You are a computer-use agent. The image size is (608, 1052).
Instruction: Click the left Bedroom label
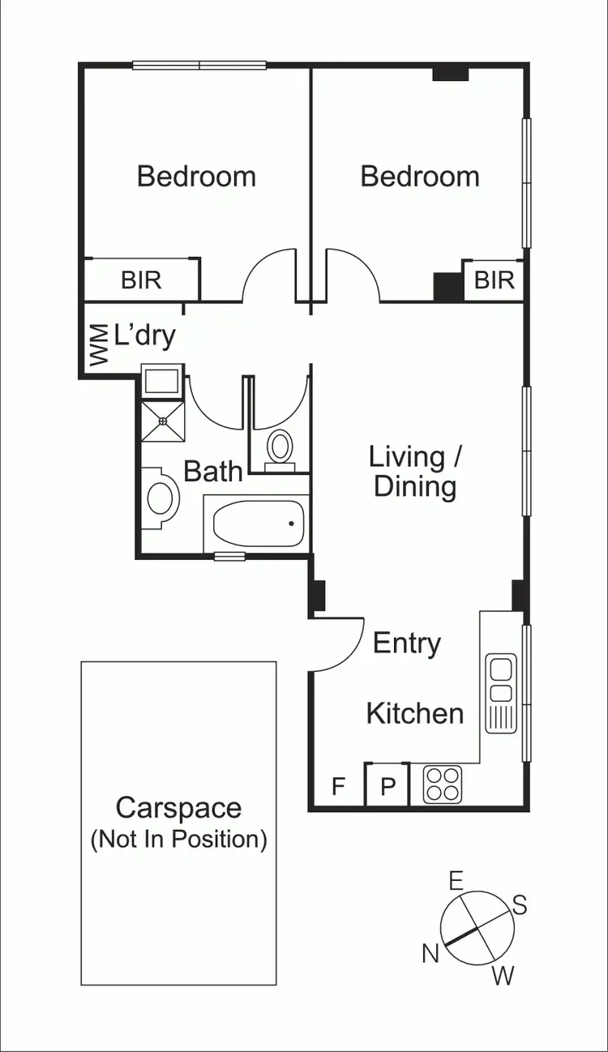coord(196,177)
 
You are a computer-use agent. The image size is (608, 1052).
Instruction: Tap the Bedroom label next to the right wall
coord(420,177)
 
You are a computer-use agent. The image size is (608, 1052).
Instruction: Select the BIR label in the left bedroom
coord(142,280)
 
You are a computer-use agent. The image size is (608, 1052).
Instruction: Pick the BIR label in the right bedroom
coord(494,280)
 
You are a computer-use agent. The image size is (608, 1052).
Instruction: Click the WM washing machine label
coord(98,344)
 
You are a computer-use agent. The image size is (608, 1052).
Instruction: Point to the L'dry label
coord(145,336)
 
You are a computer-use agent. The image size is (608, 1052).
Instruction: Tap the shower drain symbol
coord(162,421)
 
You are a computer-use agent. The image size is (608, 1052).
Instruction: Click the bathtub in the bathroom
coord(258,524)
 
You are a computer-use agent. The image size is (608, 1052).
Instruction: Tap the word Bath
coord(213,472)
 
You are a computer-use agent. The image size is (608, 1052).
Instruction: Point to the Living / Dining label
coord(415,471)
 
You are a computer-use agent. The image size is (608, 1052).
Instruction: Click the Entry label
coord(407,644)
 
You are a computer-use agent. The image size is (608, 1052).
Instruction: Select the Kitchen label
coord(415,714)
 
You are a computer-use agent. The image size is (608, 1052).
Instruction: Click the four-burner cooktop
coord(443,785)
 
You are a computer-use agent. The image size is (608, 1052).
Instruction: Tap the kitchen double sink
coord(501,680)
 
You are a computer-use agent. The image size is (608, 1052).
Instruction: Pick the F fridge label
coord(339,786)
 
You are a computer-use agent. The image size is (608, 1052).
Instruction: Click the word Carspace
coord(178,808)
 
